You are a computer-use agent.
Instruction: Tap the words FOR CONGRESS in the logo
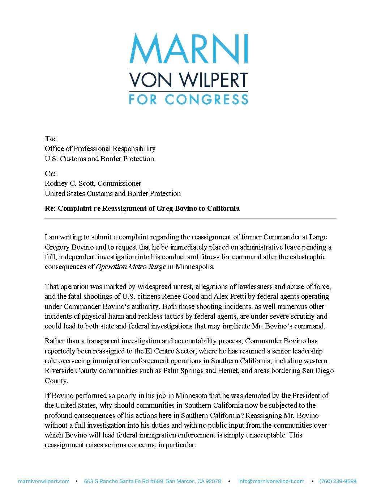[x=189, y=99]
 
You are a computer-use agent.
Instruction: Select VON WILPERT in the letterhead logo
[x=189, y=80]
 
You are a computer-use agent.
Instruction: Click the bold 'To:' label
[x=50, y=139]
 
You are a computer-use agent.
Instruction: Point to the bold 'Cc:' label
[x=50, y=173]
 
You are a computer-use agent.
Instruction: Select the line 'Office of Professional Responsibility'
[x=100, y=148]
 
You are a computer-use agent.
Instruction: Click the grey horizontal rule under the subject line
[x=190, y=219]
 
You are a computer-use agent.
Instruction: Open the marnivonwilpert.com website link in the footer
[x=44, y=481]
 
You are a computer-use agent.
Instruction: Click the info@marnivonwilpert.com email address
[x=271, y=481]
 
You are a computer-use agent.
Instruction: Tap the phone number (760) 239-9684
[x=338, y=481]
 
